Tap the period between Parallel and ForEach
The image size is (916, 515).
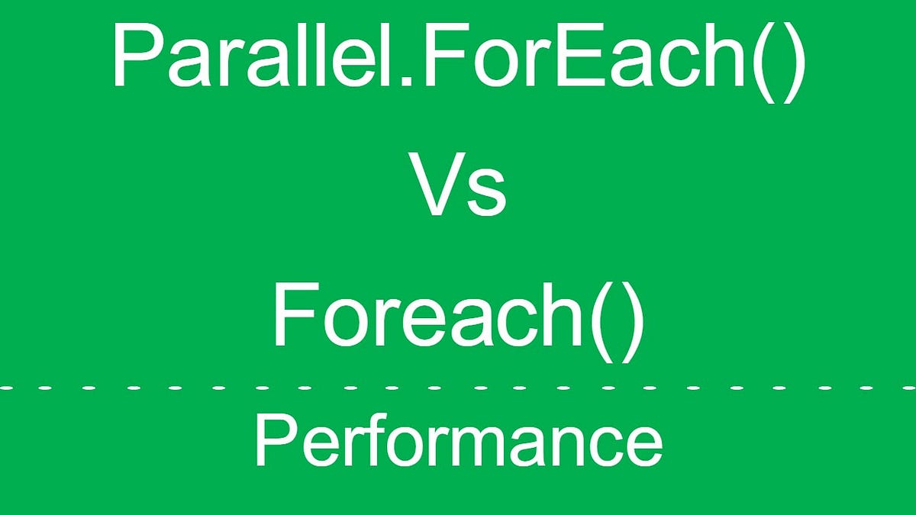click(x=411, y=81)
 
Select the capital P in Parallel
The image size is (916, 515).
click(x=135, y=55)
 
